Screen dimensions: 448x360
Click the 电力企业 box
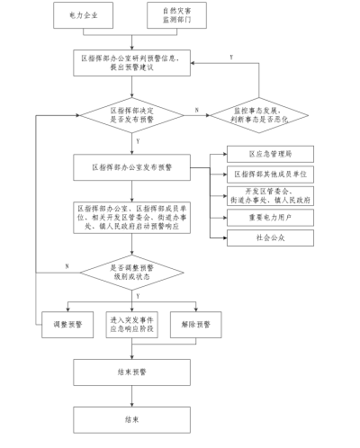pyautogui.click(x=97, y=16)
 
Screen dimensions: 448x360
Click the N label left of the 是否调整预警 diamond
pyautogui.click(x=67, y=265)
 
